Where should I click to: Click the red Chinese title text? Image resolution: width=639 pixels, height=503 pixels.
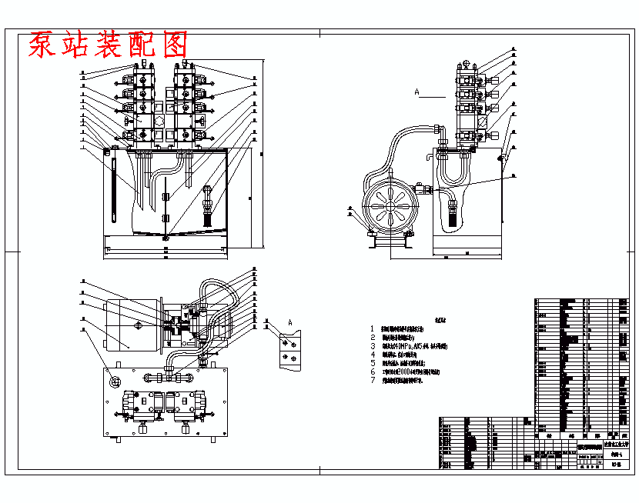click(108, 45)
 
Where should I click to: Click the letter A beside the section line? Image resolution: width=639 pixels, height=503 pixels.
click(417, 92)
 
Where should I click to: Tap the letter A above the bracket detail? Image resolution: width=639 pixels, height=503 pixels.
click(290, 321)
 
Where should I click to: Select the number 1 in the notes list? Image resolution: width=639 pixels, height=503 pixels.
click(373, 328)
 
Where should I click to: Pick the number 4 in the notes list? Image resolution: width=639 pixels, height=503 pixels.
click(373, 355)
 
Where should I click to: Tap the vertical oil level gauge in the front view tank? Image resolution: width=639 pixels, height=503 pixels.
click(113, 189)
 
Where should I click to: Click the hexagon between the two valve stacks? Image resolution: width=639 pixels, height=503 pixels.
click(159, 123)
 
